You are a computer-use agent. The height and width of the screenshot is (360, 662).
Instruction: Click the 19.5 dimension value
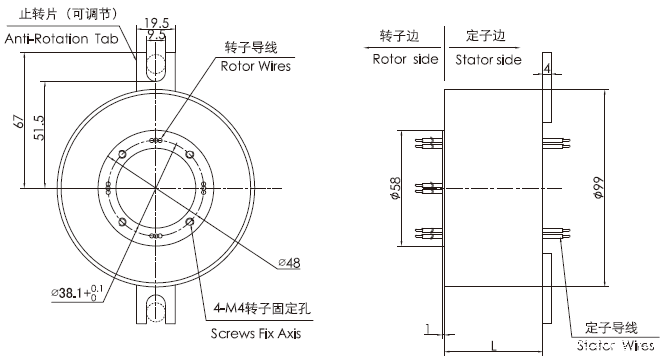point(155,21)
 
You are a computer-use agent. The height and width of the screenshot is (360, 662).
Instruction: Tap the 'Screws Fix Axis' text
point(255,333)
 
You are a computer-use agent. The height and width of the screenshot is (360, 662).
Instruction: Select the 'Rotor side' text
point(405,59)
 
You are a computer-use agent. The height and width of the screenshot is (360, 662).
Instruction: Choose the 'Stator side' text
point(488,59)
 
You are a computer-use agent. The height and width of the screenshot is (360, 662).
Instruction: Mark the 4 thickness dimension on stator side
point(547,68)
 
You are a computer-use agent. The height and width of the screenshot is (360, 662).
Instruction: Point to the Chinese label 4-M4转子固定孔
point(262,310)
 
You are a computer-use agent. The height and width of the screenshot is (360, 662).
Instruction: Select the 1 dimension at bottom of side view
point(427,327)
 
